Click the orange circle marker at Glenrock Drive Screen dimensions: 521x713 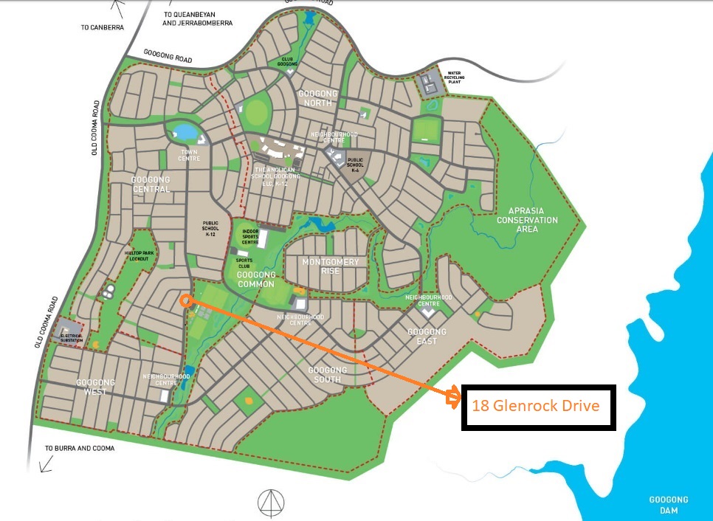(185, 300)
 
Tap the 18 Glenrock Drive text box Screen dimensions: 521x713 (538, 407)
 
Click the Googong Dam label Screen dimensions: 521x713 (668, 505)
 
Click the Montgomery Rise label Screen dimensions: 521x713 (330, 266)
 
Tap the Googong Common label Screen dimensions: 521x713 (255, 280)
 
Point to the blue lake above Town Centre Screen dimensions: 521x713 (183, 132)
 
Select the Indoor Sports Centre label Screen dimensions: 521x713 (255, 236)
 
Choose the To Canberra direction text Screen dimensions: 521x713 (103, 27)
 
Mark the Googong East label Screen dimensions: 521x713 (427, 337)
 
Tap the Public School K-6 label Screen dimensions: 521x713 (355, 164)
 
